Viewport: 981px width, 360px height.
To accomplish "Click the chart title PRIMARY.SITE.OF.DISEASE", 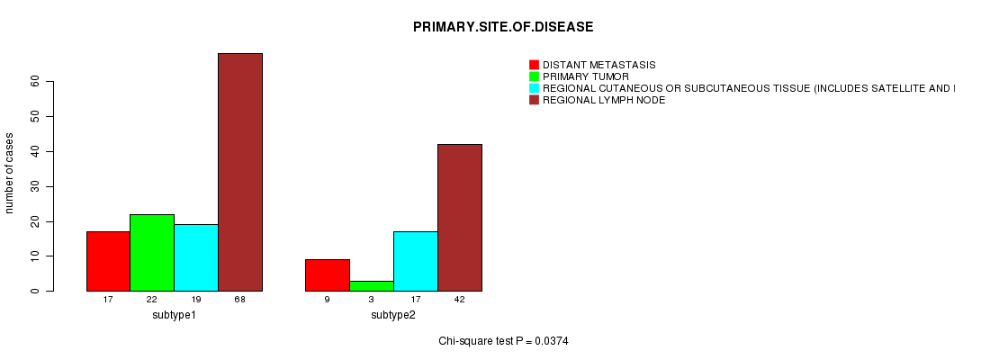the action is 503,27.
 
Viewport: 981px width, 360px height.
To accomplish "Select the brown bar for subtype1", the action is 240,172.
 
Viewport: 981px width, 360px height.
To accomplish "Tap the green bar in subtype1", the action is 152,253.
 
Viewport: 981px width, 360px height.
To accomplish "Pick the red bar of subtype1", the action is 108,262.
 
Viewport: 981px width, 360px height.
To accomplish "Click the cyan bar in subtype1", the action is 196,258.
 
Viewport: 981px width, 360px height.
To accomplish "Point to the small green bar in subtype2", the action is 372,286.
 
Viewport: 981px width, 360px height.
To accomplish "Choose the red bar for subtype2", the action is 328,275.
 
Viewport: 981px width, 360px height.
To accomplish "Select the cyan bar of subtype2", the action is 416,262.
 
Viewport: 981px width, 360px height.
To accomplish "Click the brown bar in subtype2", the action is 460,218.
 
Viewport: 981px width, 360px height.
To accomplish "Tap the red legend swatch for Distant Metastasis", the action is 534,65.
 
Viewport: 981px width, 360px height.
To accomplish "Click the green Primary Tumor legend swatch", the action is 534,76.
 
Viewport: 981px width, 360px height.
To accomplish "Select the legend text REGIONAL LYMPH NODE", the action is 604,100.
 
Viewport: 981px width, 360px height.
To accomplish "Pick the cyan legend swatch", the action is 534,88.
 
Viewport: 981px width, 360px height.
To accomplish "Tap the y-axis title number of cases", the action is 9,173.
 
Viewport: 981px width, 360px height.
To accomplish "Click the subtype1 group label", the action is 175,315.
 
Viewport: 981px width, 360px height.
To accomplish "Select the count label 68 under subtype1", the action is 240,300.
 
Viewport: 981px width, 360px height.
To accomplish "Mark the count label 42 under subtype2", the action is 460,300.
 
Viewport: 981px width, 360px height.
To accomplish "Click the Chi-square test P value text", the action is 503,341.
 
